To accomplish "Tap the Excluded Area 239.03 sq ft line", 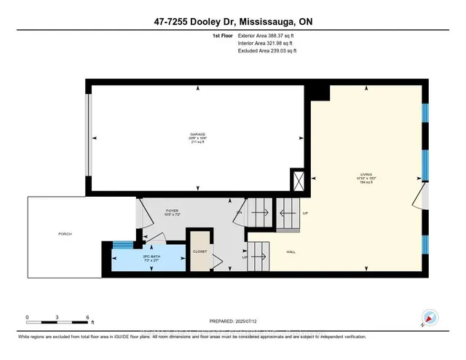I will point(267,51).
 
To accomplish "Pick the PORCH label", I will point(65,233).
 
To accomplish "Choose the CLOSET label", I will point(200,251).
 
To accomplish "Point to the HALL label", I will point(291,251).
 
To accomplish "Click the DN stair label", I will point(239,212).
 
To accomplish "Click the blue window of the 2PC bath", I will point(125,245).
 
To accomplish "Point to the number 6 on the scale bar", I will point(87,317).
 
